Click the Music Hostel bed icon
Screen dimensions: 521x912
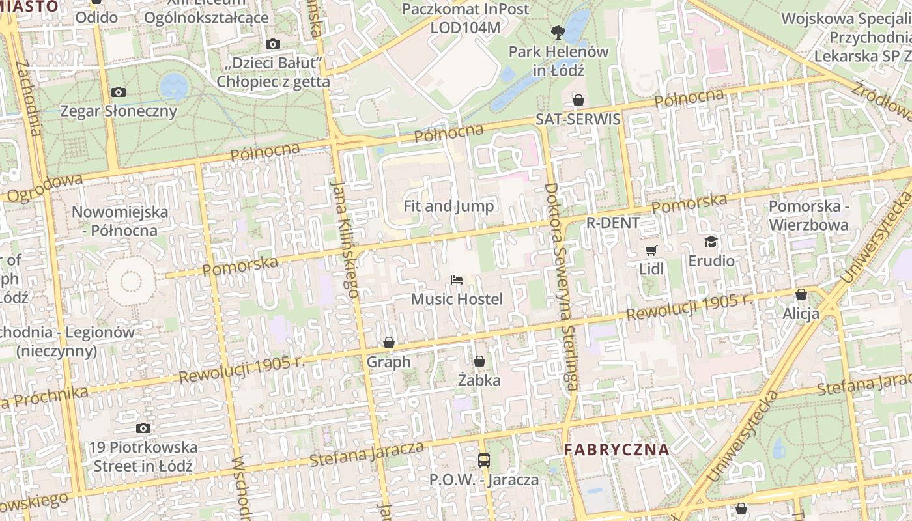pyautogui.click(x=457, y=280)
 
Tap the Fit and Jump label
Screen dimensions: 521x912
pyautogui.click(x=449, y=206)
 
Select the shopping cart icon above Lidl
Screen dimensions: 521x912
pyautogui.click(x=651, y=250)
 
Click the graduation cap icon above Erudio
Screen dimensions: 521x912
pyautogui.click(x=711, y=242)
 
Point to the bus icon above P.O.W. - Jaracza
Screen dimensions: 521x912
pyautogui.click(x=484, y=460)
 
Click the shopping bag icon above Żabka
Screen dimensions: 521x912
pyautogui.click(x=479, y=361)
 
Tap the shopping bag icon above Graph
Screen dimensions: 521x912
pyautogui.click(x=389, y=343)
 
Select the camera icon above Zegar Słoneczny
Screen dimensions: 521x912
pyautogui.click(x=119, y=92)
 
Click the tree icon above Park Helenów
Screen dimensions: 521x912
pyautogui.click(x=558, y=32)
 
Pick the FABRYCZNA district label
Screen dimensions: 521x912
pyautogui.click(x=616, y=449)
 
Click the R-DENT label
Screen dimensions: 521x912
pyautogui.click(x=613, y=223)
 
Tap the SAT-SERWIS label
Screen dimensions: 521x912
pyautogui.click(x=578, y=120)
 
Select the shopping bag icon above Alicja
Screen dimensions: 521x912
pyautogui.click(x=801, y=294)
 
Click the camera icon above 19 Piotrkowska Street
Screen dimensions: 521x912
pyautogui.click(x=143, y=428)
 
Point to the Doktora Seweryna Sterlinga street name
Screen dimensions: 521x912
pyautogui.click(x=560, y=287)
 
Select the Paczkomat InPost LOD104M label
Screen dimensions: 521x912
pyautogui.click(x=466, y=18)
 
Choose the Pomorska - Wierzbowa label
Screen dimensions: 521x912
pyautogui.click(x=808, y=216)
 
